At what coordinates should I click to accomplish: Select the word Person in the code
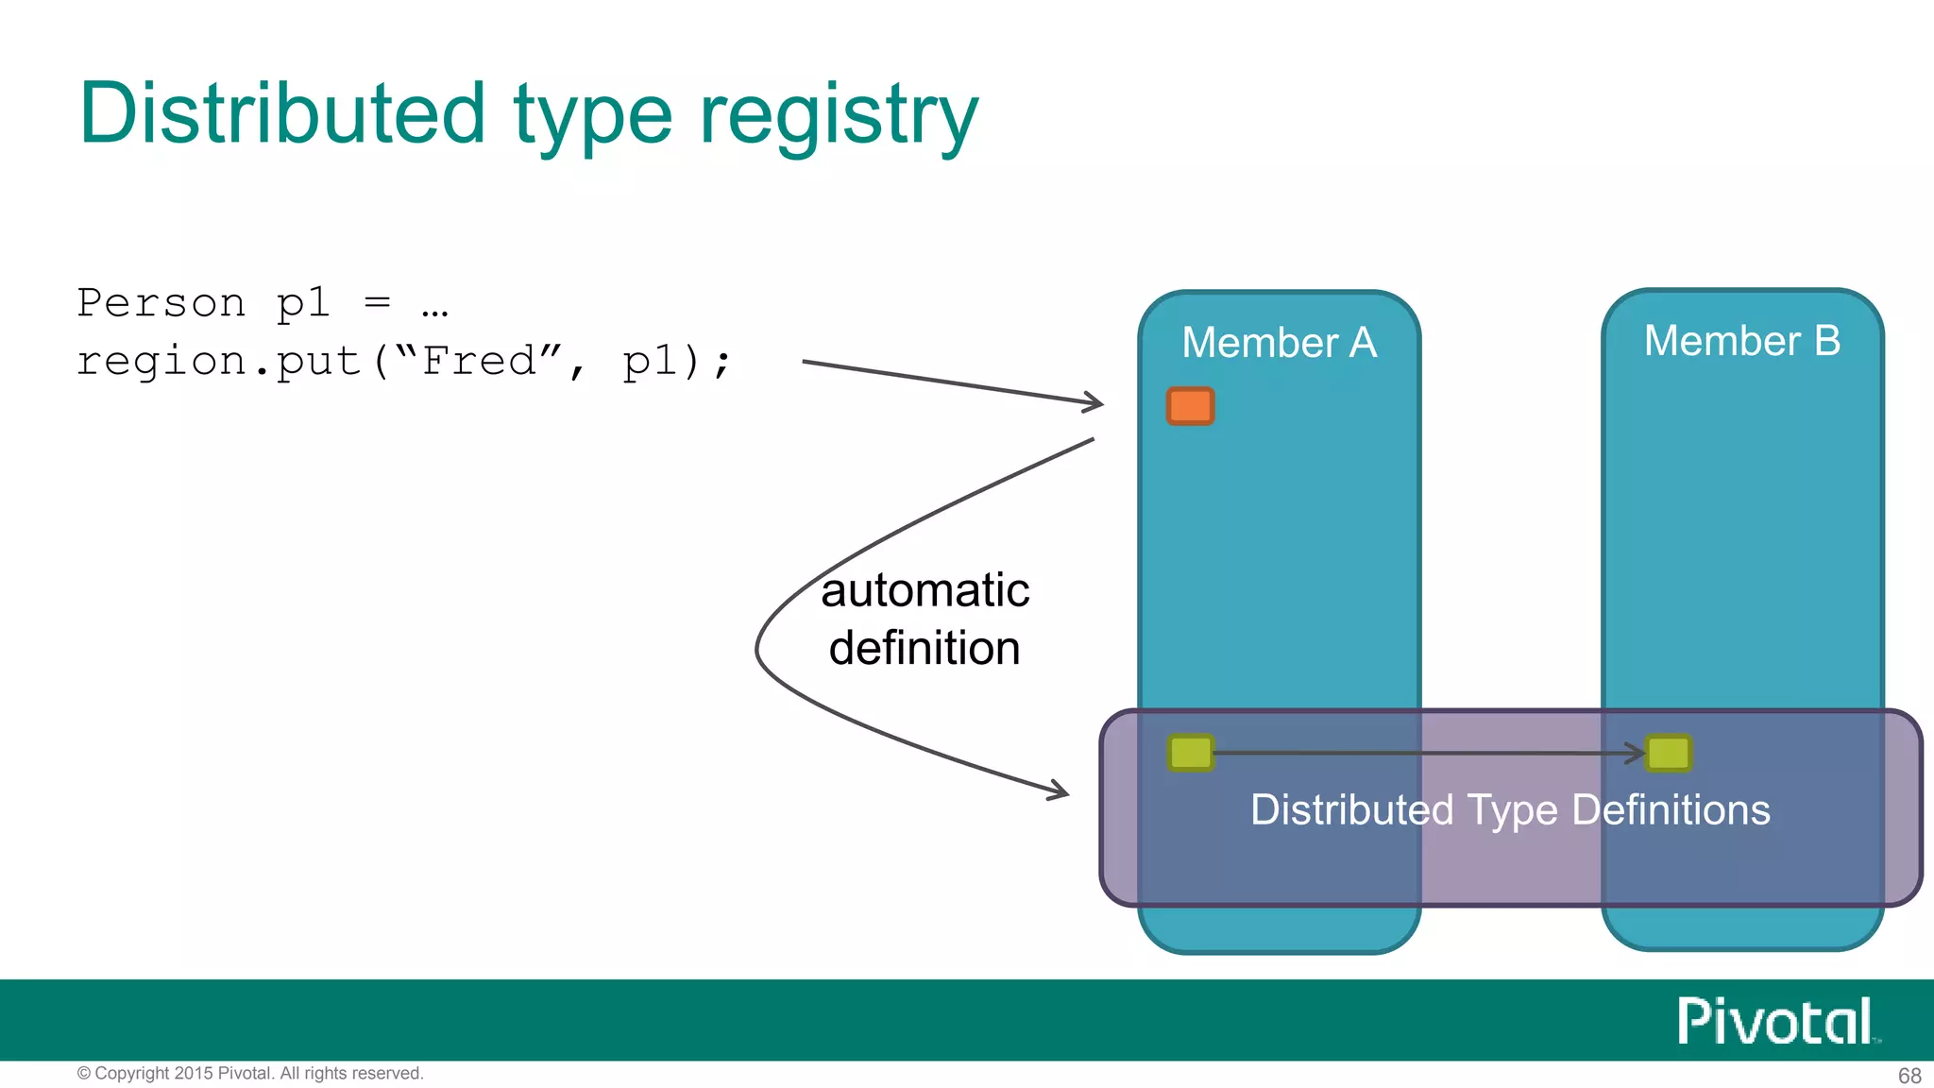(161, 303)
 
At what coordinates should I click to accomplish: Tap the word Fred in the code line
(479, 361)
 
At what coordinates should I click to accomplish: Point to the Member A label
(1279, 342)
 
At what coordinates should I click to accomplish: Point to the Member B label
(1741, 340)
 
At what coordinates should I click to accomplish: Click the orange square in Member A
(1190, 406)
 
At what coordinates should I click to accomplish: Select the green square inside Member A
(1190, 753)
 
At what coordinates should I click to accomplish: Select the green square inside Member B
(1668, 753)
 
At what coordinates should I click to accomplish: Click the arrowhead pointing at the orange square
(1094, 402)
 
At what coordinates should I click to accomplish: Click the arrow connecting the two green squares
(1426, 753)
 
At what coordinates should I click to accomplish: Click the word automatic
(925, 590)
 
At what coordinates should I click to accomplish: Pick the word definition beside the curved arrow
(925, 649)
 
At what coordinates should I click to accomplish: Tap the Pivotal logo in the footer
(1774, 1021)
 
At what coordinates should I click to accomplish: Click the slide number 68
(1909, 1075)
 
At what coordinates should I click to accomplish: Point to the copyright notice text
(250, 1073)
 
